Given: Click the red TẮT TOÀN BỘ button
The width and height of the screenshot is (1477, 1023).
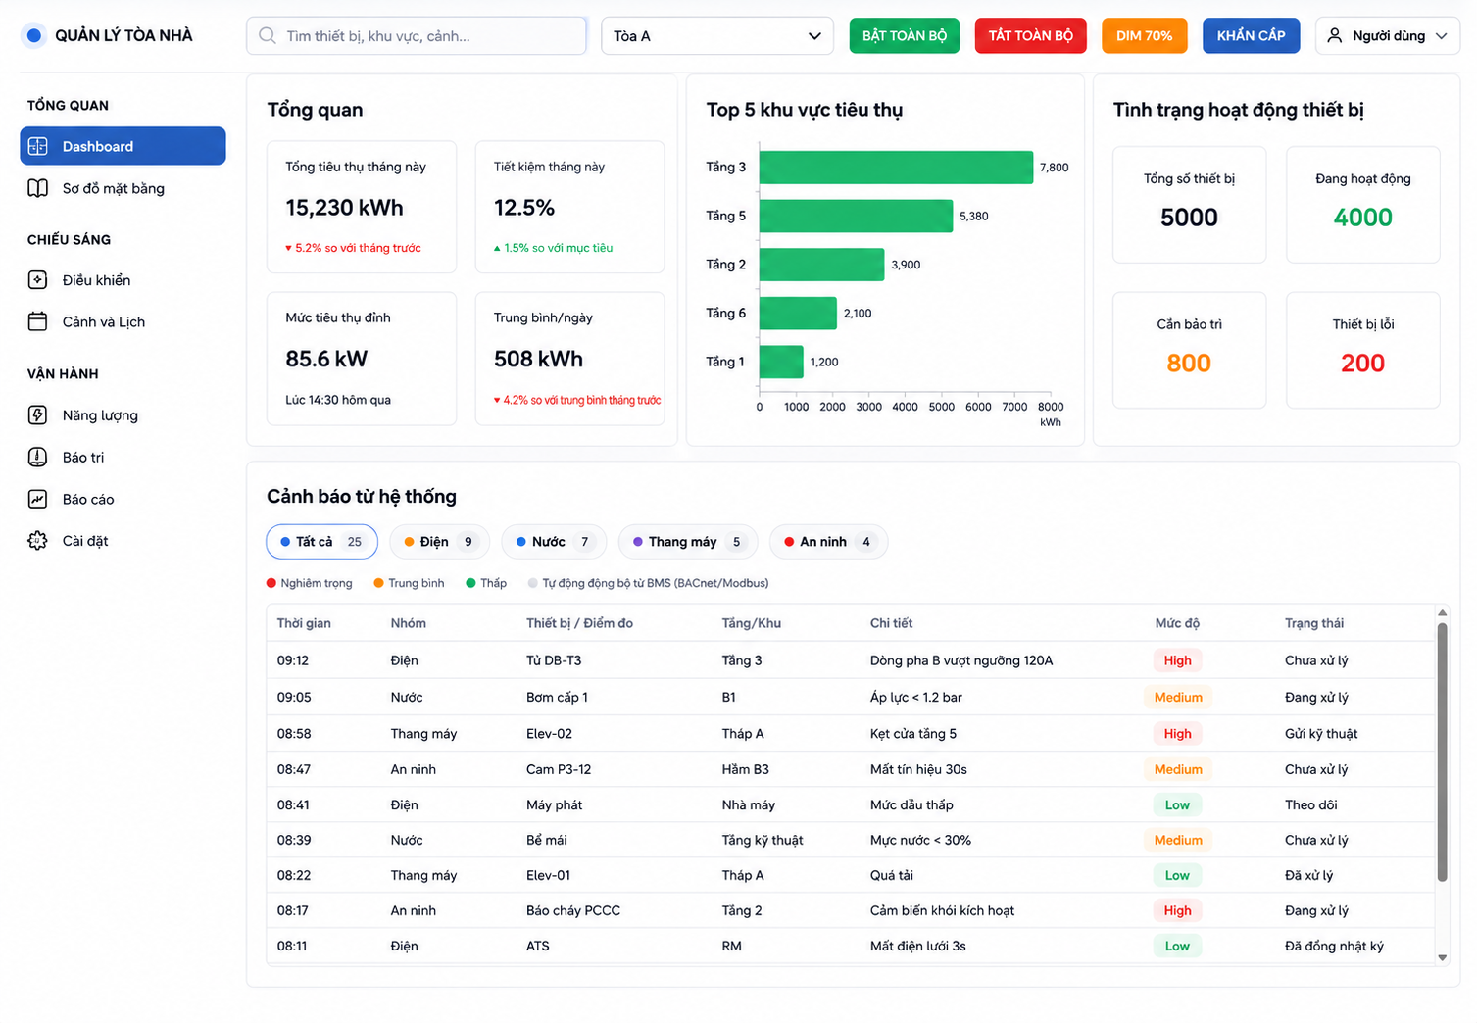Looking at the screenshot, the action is click(1030, 35).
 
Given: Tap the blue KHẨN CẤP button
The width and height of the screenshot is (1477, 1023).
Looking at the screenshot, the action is click(1251, 35).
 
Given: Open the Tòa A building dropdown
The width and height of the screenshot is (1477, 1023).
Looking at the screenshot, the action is click(716, 35).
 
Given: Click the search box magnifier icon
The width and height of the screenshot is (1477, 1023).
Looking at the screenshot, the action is click(267, 35).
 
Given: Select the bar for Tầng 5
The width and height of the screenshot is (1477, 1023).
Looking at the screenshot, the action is click(856, 216).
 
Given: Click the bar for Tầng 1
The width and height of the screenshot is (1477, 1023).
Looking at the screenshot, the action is click(781, 362).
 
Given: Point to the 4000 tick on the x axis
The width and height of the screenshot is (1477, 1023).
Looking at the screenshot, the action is click(905, 407).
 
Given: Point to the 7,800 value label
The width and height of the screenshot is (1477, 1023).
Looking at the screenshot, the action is click(1054, 168).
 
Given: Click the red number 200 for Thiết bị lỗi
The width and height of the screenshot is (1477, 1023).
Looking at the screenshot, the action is click(1362, 364).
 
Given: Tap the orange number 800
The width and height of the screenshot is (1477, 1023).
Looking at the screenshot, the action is click(1188, 364).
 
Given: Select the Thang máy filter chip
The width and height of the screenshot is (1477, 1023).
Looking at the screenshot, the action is click(688, 542).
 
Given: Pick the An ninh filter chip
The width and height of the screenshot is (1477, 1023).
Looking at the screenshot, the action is click(828, 542).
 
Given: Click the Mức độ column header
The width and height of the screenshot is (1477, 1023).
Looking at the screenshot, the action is click(1177, 623).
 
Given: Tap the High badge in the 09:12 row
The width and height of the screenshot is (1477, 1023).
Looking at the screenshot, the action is click(1177, 660).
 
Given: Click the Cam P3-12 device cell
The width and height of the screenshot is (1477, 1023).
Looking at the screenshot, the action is click(559, 769).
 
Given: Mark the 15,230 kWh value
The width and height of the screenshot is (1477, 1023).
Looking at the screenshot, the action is click(344, 208).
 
